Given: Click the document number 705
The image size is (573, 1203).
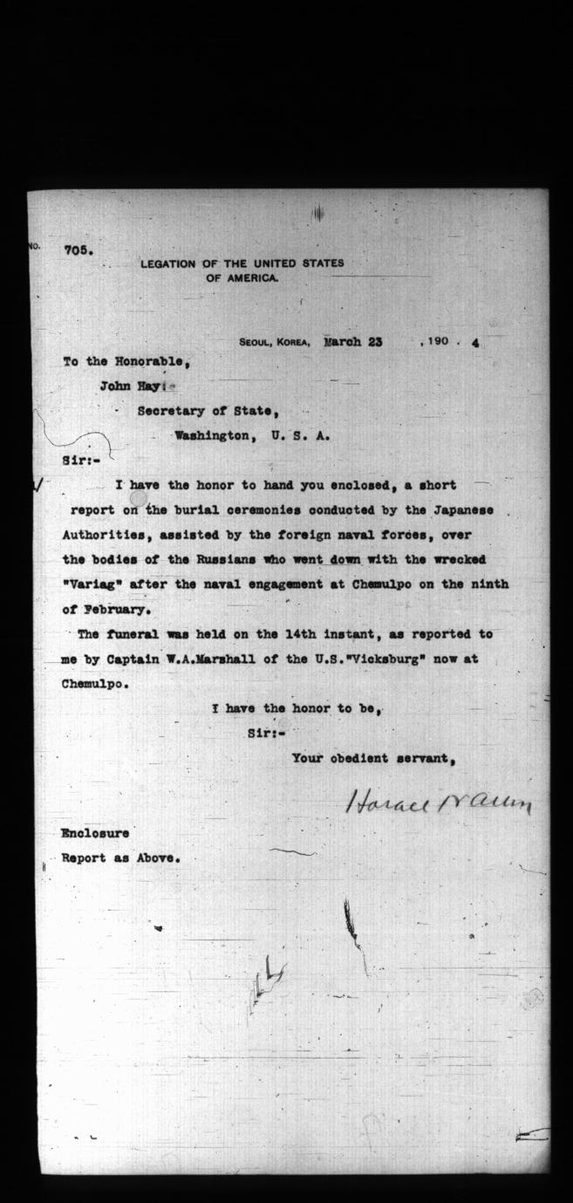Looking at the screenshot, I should [x=78, y=249].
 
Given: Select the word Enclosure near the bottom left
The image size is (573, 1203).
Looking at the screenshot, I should [x=95, y=832].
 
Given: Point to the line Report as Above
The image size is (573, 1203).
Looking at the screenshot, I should [x=122, y=858].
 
